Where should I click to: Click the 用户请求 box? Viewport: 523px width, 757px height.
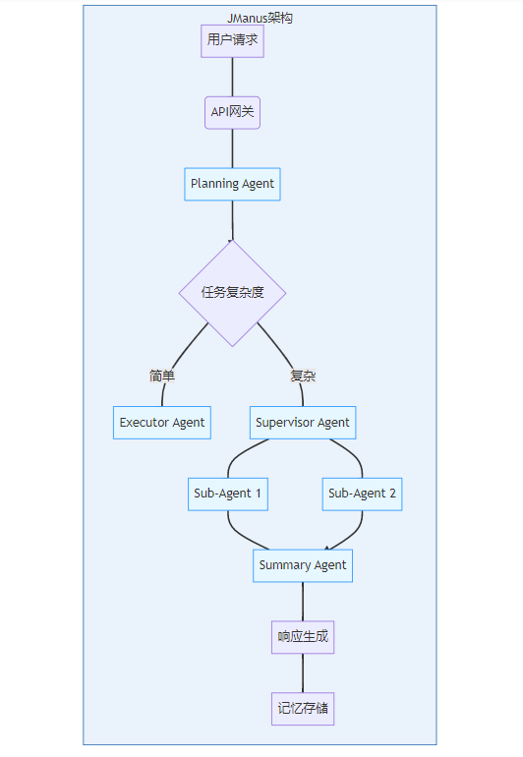point(232,41)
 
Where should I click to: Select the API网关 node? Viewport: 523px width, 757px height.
point(232,112)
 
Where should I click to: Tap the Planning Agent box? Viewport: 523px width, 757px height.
point(232,184)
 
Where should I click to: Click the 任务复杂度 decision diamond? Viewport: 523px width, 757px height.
point(232,293)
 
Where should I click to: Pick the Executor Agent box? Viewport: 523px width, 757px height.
point(162,423)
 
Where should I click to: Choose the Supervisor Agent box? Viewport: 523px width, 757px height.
point(303,423)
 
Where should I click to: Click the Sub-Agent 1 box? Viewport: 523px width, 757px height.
point(228,494)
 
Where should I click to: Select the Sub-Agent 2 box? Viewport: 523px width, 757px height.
point(362,494)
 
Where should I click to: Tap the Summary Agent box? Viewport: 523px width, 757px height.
point(303,565)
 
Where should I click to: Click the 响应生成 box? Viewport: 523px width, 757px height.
point(303,637)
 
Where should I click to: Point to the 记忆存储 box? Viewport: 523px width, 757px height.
point(303,708)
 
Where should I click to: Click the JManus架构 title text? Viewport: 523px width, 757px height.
point(260,19)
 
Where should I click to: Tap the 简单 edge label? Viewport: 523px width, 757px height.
point(162,376)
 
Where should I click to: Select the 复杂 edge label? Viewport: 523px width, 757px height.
point(303,376)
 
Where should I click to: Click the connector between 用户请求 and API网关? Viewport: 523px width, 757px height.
point(232,78)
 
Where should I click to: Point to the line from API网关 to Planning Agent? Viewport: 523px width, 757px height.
point(232,148)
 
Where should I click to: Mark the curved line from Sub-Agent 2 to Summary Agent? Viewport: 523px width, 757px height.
point(355,534)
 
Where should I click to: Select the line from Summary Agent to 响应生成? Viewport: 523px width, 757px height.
point(303,602)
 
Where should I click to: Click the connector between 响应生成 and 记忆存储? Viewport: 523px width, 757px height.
point(303,673)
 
